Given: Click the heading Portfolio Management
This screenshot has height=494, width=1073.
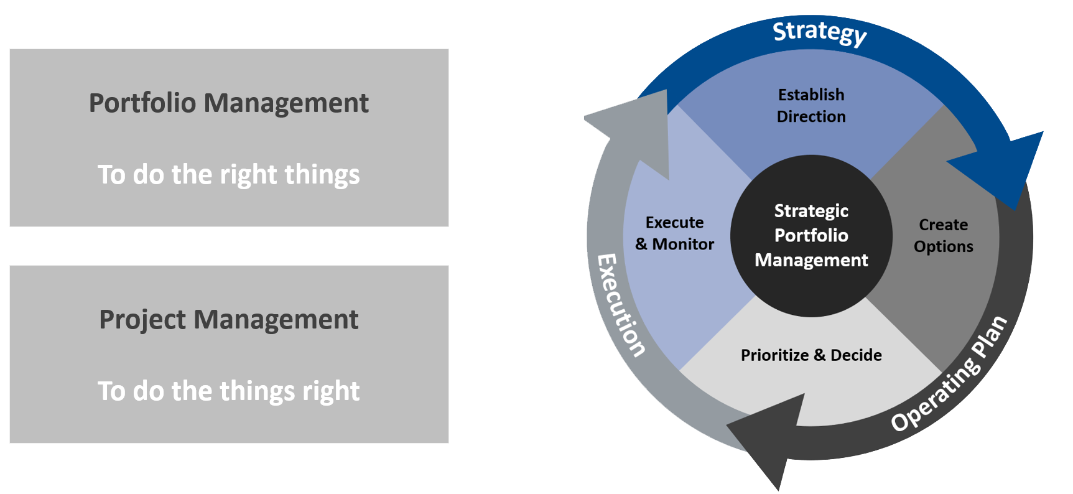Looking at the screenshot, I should click(228, 103).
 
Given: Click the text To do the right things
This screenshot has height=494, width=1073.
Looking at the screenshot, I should click(228, 175).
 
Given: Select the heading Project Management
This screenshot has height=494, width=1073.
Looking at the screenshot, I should click(228, 320).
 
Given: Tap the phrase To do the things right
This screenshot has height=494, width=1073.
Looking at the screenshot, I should click(228, 391).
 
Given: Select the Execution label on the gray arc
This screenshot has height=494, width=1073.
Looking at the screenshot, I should click(620, 305).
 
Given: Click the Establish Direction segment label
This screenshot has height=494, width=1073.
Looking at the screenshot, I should click(811, 106).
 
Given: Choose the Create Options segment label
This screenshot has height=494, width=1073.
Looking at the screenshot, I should click(943, 236).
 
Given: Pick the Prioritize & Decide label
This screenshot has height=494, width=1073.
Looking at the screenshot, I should click(811, 355).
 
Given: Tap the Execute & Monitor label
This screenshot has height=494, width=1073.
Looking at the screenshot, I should click(674, 233).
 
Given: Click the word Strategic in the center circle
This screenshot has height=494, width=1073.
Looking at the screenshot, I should click(811, 212).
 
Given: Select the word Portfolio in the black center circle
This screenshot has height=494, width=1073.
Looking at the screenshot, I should click(811, 236).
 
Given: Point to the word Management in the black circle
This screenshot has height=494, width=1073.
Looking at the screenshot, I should click(811, 260).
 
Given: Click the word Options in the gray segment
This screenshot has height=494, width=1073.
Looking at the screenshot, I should click(943, 247).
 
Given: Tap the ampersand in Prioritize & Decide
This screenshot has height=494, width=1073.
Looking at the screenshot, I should click(819, 355).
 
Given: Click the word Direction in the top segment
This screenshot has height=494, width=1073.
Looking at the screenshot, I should click(811, 117).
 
